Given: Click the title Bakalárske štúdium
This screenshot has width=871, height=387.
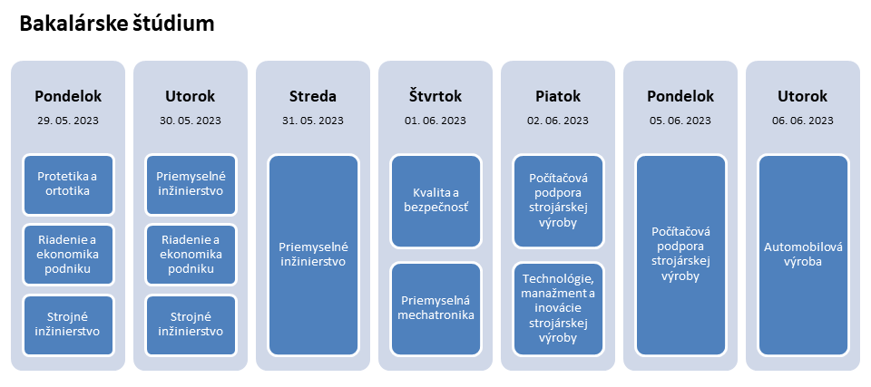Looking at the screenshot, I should (x=117, y=24).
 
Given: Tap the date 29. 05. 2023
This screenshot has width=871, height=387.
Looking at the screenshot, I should (x=68, y=120).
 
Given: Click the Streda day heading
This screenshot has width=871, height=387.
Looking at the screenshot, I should (x=313, y=96).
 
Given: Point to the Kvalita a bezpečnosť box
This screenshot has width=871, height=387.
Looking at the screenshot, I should (x=435, y=201).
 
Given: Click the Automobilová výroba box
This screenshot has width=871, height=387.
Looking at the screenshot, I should (x=803, y=255).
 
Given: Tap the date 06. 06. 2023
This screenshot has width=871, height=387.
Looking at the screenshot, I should (x=803, y=120).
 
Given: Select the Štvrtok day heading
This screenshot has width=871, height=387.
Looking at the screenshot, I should (x=435, y=96).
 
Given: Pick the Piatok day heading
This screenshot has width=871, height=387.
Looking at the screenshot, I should (x=558, y=96).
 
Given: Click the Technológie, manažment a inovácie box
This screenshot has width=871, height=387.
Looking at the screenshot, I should (x=558, y=308).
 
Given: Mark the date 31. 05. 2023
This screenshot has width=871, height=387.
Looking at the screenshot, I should (x=313, y=120).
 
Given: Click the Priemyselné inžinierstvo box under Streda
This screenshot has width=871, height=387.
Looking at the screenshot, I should (x=313, y=255).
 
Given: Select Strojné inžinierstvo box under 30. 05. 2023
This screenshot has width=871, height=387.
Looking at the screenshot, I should (x=191, y=324).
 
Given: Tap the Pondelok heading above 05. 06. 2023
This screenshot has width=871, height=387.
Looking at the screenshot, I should (x=680, y=96).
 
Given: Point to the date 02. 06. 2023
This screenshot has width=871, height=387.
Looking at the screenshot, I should (x=558, y=120).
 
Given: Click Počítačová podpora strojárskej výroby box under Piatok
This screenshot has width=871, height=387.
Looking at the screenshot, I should (x=558, y=201).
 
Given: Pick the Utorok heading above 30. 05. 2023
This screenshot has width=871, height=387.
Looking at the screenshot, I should (x=191, y=96).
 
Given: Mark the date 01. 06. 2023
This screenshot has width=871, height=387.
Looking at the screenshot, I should (x=435, y=120).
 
